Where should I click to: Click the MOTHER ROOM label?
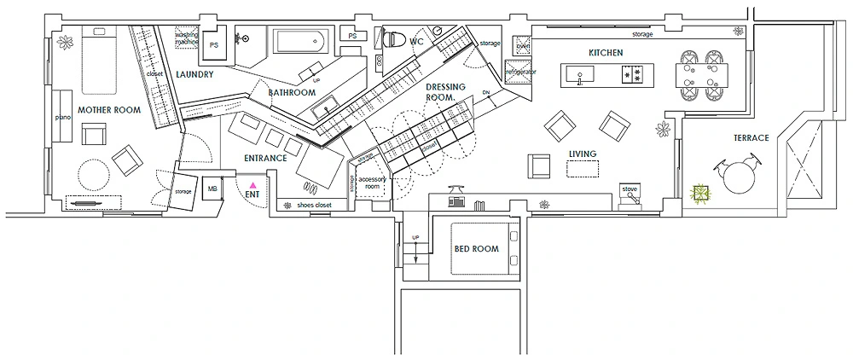[108, 110]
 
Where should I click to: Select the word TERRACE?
[751, 137]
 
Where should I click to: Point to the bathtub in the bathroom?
[299, 40]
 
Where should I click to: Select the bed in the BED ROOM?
[479, 248]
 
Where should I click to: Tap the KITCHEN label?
[606, 53]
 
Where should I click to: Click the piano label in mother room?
[61, 117]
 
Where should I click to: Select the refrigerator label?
[521, 73]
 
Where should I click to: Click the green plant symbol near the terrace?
[701, 195]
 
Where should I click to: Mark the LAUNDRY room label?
[194, 74]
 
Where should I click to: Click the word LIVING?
[582, 154]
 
